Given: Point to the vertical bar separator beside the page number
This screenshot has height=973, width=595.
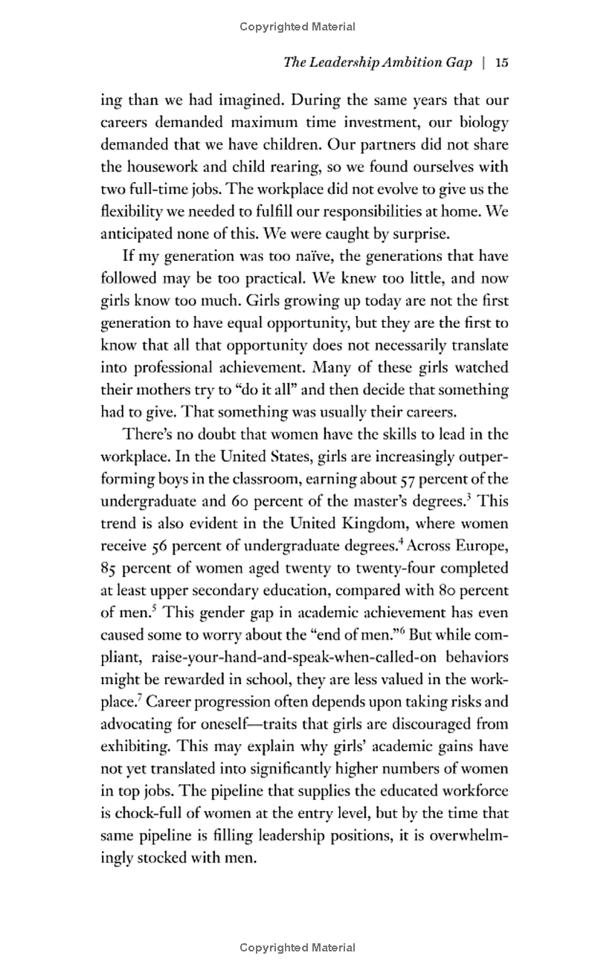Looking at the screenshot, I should tap(483, 62).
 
